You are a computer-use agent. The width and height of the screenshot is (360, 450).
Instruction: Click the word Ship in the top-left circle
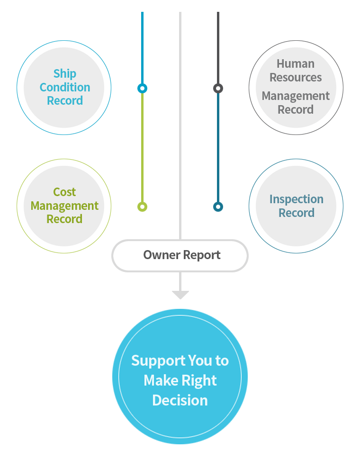click(65, 74)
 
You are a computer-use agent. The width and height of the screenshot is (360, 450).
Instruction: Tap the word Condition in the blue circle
click(65, 87)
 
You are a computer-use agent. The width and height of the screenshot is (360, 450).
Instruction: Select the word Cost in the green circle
click(64, 192)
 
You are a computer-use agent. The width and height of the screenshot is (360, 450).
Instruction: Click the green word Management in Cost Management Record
click(64, 206)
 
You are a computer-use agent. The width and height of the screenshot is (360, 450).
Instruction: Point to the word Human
click(296, 64)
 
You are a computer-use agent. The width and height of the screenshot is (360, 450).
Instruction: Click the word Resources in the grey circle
click(296, 77)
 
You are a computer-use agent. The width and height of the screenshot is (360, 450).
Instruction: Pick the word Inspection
click(297, 199)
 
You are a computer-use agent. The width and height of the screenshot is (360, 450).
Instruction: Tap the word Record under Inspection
click(297, 213)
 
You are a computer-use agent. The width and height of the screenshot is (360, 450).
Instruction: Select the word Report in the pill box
click(201, 255)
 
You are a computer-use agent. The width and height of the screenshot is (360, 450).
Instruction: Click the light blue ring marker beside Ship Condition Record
click(142, 88)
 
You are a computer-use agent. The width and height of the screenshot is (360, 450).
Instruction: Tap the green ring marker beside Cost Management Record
click(142, 207)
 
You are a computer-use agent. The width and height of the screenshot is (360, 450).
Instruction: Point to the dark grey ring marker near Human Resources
click(218, 88)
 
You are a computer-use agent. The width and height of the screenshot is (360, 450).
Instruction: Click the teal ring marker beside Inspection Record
click(218, 207)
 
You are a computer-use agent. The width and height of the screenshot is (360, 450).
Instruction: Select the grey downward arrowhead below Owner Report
click(180, 294)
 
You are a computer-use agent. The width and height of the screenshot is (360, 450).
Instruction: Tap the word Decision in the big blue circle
click(180, 401)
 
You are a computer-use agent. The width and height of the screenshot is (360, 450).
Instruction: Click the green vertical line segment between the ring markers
click(142, 147)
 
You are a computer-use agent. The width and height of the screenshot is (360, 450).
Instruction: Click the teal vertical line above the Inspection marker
click(218, 147)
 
